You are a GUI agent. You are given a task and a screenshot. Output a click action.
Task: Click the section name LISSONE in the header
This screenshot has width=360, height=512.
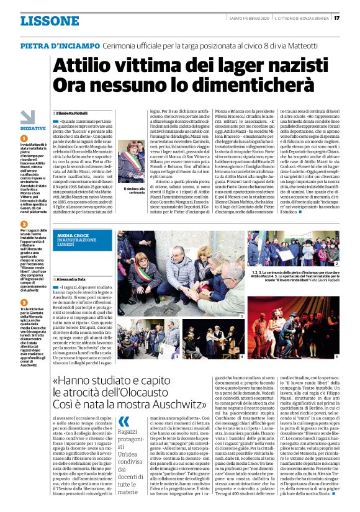49,20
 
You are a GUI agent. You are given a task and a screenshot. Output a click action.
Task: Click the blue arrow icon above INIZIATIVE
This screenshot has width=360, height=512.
27,116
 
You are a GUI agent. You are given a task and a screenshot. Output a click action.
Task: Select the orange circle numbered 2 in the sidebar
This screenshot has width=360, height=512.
24,223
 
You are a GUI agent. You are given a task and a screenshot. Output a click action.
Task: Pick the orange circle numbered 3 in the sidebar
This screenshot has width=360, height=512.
24,291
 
